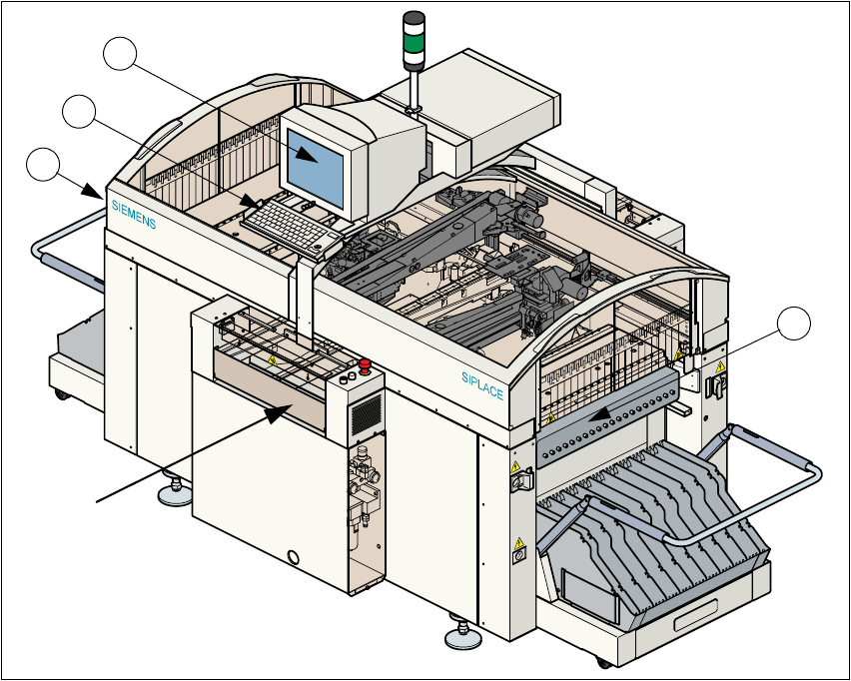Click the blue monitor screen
click(319, 160)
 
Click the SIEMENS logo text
click(133, 212)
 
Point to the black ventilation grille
click(367, 410)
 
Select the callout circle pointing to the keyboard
click(79, 112)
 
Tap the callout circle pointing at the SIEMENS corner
click(42, 165)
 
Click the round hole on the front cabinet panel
click(294, 556)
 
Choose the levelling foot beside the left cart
click(175, 492)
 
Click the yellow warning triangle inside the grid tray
click(271, 359)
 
